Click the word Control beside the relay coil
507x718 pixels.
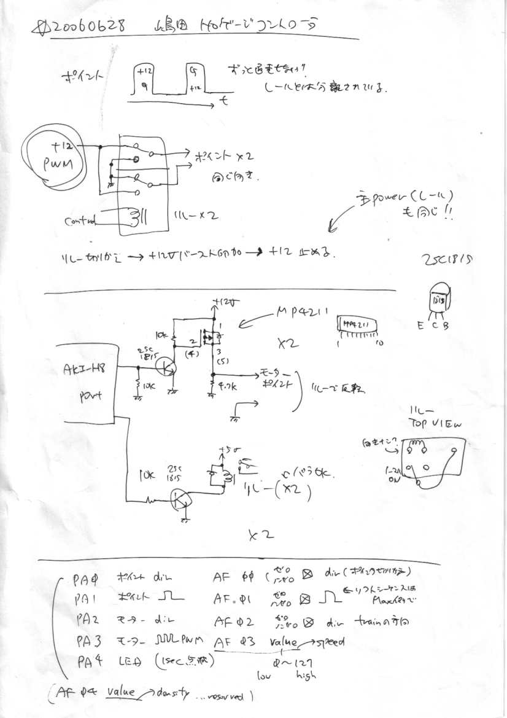[80, 220]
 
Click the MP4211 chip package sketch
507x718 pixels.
[358, 327]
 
